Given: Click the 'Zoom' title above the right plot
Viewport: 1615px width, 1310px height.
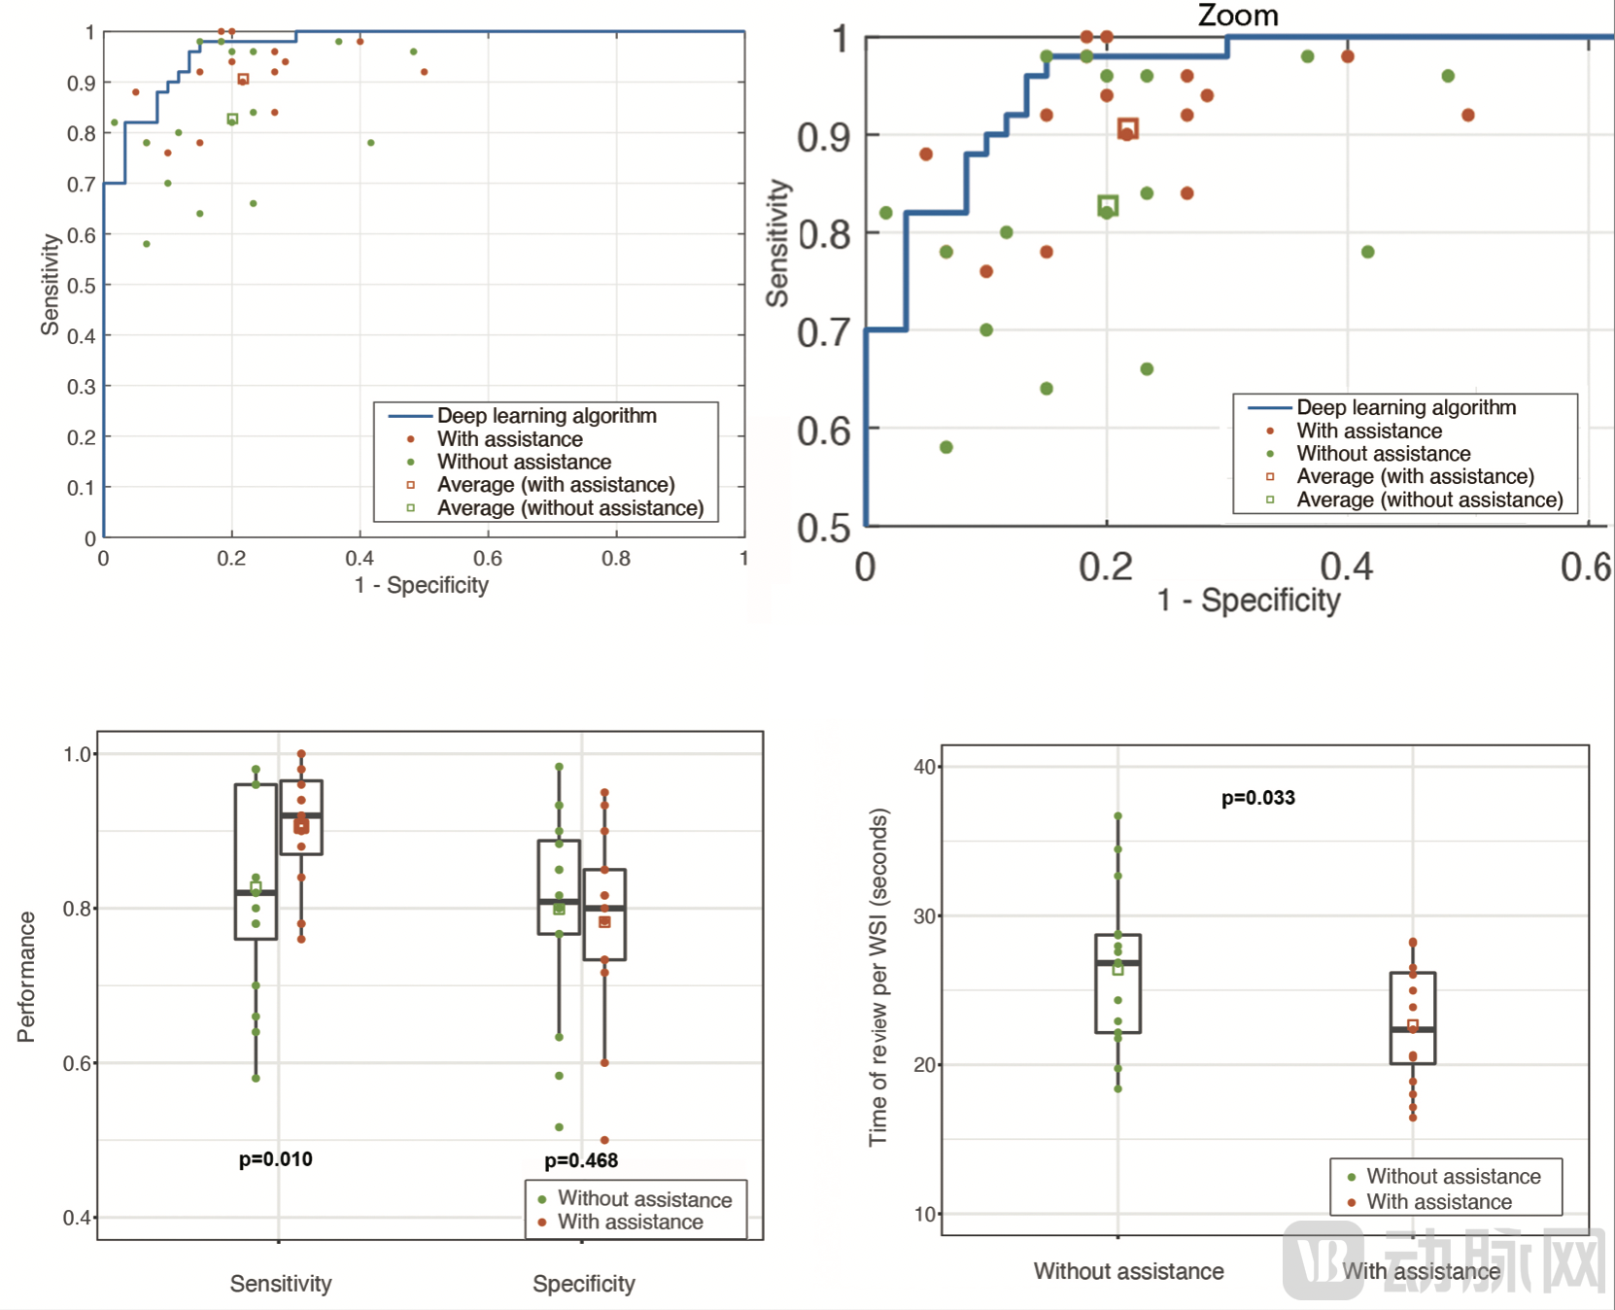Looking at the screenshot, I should tap(1237, 16).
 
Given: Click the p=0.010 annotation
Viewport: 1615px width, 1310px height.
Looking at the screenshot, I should tap(275, 1158).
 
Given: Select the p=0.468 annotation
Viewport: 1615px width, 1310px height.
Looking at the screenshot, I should tap(580, 1160).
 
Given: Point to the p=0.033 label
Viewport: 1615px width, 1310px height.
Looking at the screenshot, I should tap(1257, 798).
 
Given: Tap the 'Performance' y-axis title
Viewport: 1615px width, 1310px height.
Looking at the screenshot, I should tap(26, 976).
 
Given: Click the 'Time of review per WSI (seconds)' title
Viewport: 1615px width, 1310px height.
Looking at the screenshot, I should tap(877, 977).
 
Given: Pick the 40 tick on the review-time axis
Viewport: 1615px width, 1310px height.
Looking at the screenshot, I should tap(924, 767).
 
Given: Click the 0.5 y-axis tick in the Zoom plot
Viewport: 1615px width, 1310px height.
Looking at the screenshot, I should tap(823, 528).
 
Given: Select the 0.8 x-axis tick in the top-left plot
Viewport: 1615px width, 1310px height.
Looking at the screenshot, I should tap(615, 559).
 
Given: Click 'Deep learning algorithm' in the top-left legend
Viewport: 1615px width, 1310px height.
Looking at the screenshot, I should tap(546, 416).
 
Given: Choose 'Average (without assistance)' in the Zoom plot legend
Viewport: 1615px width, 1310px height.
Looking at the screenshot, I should tap(1428, 500).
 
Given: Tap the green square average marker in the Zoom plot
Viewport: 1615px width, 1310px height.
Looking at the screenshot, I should tap(1108, 205).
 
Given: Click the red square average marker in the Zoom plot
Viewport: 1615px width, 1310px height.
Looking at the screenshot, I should tap(1127, 128).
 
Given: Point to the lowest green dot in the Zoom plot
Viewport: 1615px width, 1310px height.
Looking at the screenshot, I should tap(946, 447).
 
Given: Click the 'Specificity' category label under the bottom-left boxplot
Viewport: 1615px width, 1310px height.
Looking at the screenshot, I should tap(583, 1284).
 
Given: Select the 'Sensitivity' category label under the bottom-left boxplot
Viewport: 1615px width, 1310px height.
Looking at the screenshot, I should tap(280, 1284).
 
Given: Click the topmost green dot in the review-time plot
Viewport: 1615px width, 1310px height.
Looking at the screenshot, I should tap(1117, 816).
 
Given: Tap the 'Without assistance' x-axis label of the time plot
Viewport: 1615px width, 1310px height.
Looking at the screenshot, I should tap(1128, 1271).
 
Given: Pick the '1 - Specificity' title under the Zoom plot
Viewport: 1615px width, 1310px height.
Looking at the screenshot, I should tap(1248, 601).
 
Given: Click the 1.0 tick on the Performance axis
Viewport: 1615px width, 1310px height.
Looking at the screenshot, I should tap(77, 754).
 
